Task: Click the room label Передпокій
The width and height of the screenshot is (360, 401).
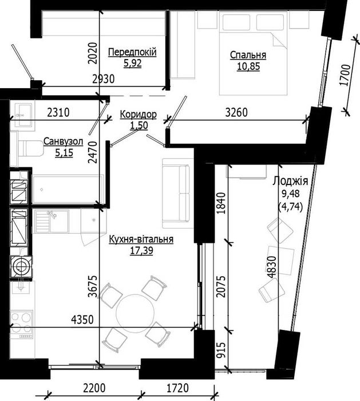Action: pyautogui.click(x=132, y=52)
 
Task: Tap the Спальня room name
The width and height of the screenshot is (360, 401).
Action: pyautogui.click(x=248, y=56)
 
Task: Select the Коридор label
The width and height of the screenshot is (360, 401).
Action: pyautogui.click(x=138, y=115)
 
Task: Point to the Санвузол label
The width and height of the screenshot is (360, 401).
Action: pyautogui.click(x=60, y=141)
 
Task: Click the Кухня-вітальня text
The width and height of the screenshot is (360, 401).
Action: pyautogui.click(x=141, y=240)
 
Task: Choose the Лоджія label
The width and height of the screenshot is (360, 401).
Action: pyautogui.click(x=290, y=181)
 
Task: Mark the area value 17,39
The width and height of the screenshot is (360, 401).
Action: pyautogui.click(x=142, y=250)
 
